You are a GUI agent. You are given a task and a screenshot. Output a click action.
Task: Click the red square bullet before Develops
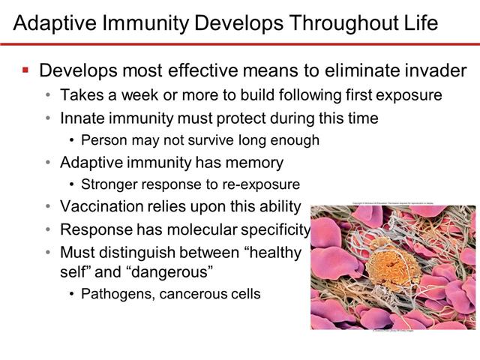pyautogui.click(x=25, y=70)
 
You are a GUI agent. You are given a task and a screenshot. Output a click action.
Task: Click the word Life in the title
pyautogui.click(x=420, y=22)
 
